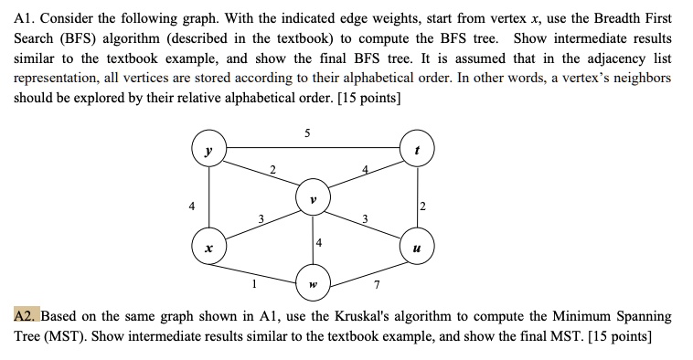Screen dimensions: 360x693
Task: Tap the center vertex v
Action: tap(314, 197)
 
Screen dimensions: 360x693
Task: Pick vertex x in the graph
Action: tap(209, 248)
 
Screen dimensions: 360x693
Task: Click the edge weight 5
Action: tap(307, 133)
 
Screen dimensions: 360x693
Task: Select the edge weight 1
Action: tap(253, 282)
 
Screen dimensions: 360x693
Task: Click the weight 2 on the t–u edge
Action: tap(423, 205)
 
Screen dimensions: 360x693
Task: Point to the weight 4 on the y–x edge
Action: tap(190, 205)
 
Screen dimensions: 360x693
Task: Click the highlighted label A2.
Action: tap(25, 316)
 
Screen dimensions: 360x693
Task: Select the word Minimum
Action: tap(578, 316)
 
